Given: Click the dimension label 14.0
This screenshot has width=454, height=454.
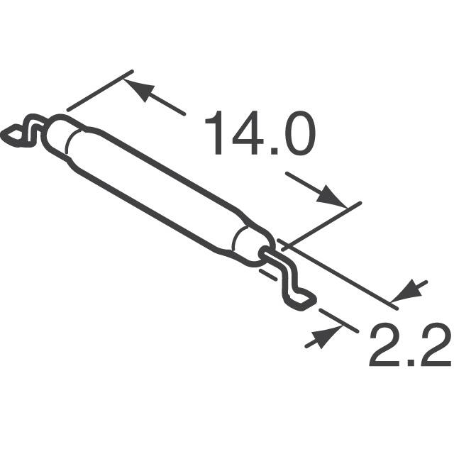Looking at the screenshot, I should [x=259, y=135].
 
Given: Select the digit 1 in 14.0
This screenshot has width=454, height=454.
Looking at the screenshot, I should [x=214, y=135].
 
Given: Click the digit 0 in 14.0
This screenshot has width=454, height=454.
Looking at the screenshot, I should [x=297, y=135].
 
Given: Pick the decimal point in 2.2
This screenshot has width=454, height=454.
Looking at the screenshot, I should [x=409, y=363].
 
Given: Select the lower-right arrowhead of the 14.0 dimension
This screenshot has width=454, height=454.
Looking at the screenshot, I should [x=333, y=196].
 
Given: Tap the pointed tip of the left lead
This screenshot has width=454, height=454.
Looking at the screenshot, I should [x=12, y=133].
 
